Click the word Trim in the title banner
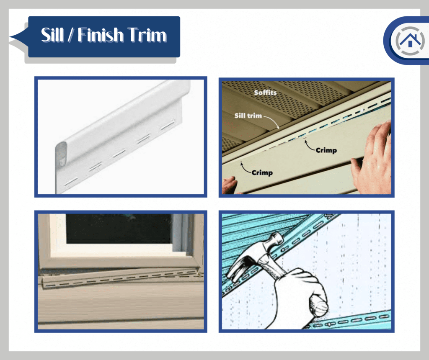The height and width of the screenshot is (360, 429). coord(145,35)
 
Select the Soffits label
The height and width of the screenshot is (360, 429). coord(265,92)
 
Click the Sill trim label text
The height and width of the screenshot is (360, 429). coord(248,115)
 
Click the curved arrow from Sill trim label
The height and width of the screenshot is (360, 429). coord(273,123)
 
